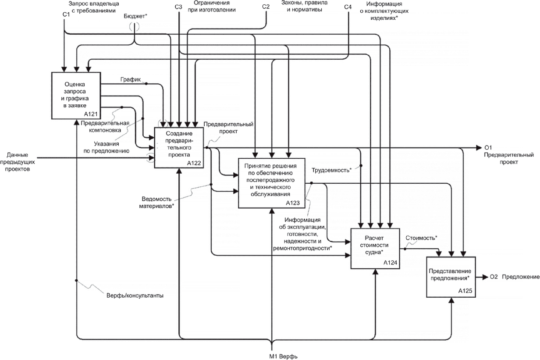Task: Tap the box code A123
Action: click(x=292, y=203)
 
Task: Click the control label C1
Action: click(x=66, y=15)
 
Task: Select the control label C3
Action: click(x=178, y=7)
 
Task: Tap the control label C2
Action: click(x=266, y=7)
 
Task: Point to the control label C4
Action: click(x=348, y=7)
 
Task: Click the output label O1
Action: click(x=488, y=148)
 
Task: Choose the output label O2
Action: click(x=494, y=277)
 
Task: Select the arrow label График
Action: click(x=130, y=80)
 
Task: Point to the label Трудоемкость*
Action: click(x=331, y=169)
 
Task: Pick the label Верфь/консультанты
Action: click(x=135, y=296)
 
